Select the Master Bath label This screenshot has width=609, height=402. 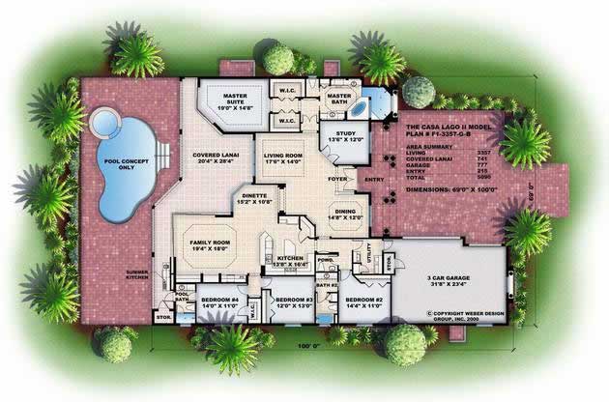pos(339,100)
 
